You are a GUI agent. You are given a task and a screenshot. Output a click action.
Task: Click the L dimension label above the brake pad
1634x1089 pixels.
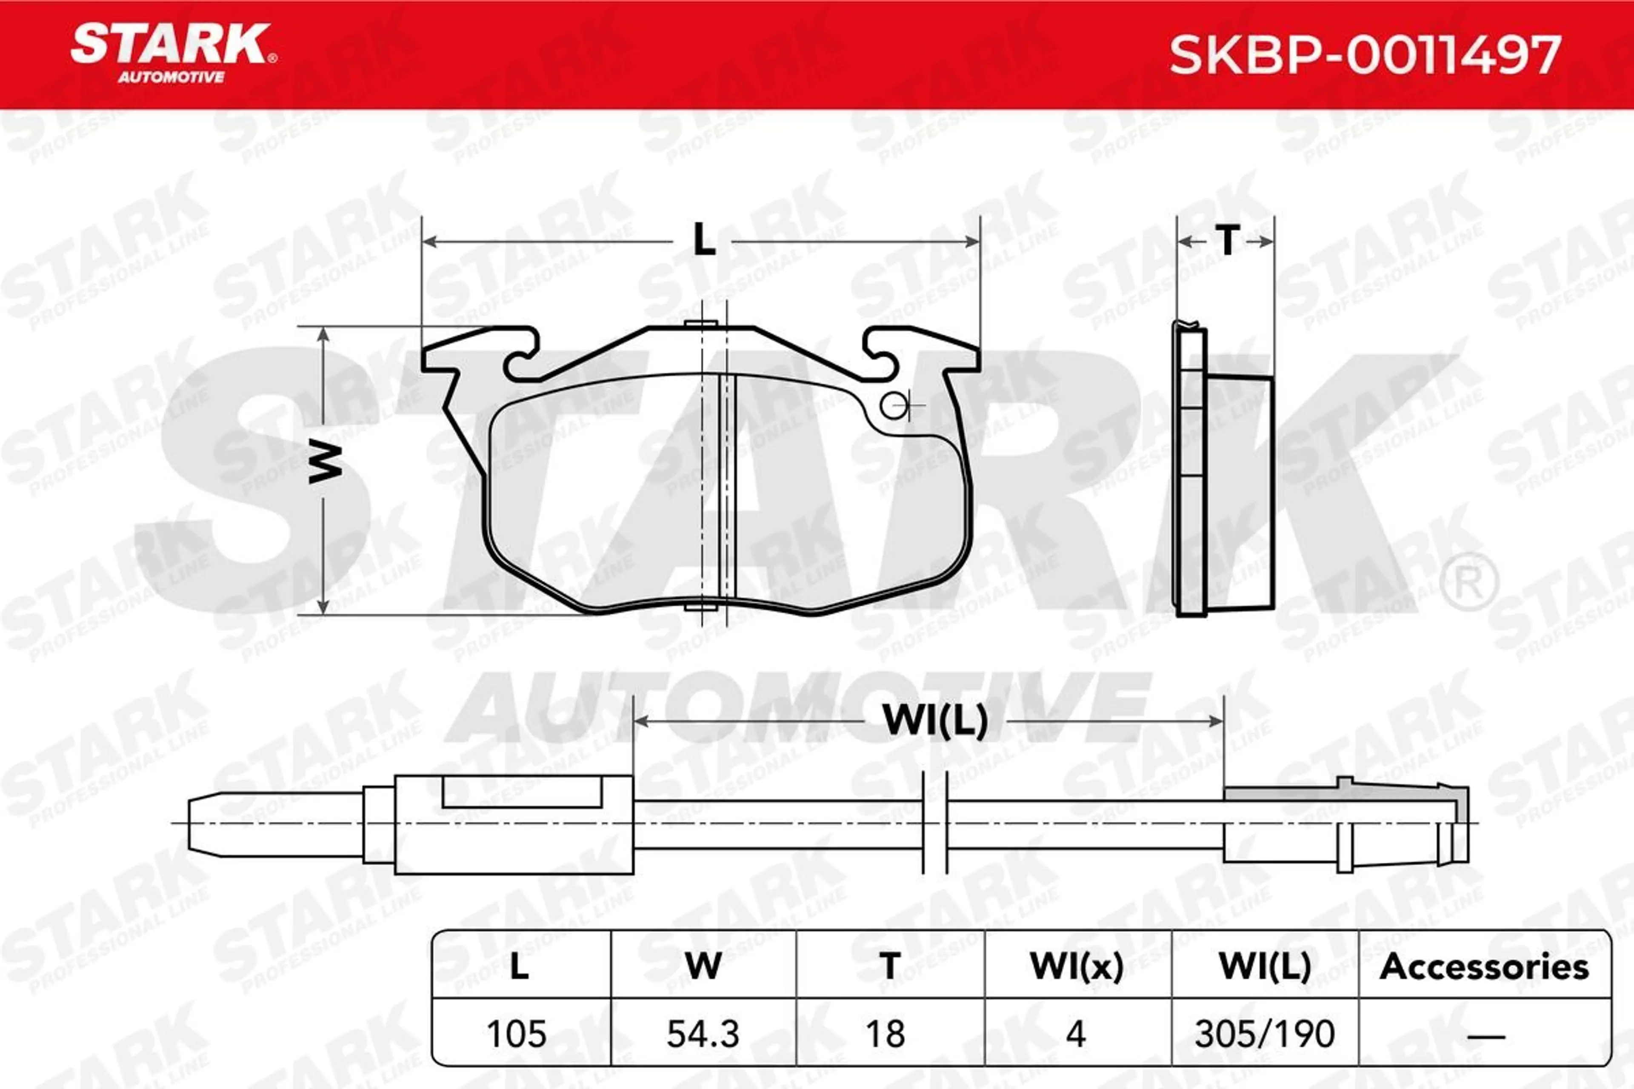point(704,240)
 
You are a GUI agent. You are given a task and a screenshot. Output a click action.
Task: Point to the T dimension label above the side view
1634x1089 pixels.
point(1227,240)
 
